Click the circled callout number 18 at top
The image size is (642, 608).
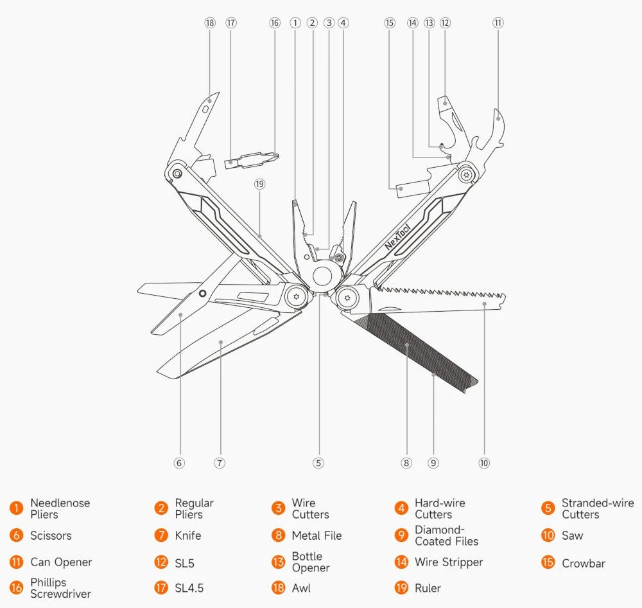tap(210, 23)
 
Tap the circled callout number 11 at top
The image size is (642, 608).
tap(498, 23)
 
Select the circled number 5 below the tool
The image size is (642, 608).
tap(318, 463)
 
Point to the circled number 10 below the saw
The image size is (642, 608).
tap(484, 463)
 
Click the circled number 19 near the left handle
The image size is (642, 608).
tap(259, 184)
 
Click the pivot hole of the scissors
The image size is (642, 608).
tap(202, 294)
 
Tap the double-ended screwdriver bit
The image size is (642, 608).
tap(252, 159)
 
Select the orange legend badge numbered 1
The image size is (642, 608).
tap(16, 508)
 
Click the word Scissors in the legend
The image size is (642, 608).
tap(51, 535)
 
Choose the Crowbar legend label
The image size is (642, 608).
tap(583, 563)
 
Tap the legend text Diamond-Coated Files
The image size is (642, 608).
tap(446, 535)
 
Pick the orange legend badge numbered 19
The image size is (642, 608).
tap(401, 588)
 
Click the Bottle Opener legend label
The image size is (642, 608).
tap(311, 562)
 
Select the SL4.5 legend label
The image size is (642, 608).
tap(189, 588)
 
